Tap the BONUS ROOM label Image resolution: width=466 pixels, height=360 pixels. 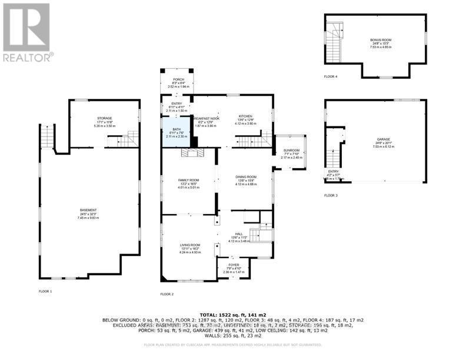pos(381,39)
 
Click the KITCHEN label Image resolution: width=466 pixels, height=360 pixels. pos(245,116)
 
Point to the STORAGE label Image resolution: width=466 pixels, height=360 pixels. pos(104,118)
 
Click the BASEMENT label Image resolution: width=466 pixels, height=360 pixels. pos(88,210)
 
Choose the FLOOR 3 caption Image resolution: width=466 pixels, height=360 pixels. pos(331,195)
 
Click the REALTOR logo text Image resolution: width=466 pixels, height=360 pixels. pos(28,57)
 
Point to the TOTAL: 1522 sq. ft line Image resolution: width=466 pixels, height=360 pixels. pos(233,315)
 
